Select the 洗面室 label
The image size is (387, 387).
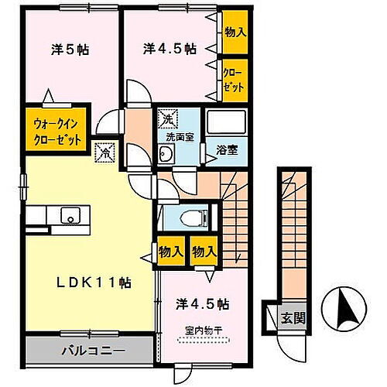(177, 136)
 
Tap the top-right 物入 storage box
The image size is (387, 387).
(235, 32)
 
